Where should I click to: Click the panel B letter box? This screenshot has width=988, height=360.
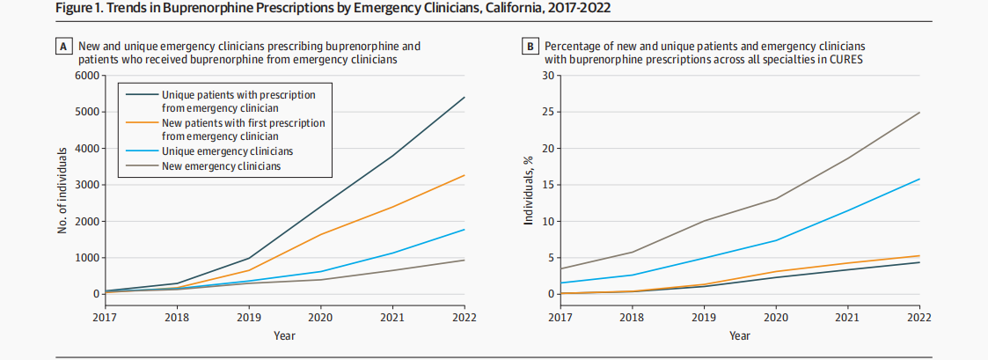coord(531,46)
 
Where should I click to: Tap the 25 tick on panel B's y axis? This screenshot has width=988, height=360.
coord(552,112)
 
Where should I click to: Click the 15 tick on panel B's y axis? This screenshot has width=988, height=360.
coord(552,185)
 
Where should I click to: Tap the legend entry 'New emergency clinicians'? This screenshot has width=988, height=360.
coord(221,167)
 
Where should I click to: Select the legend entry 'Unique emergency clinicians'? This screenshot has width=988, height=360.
coord(227,152)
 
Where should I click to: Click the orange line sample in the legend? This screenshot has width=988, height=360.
coord(142,123)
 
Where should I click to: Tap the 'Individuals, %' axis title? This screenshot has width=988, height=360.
coord(529,185)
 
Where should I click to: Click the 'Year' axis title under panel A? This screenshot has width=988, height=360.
coord(284,335)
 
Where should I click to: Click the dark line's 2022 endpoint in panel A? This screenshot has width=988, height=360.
coord(464,98)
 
